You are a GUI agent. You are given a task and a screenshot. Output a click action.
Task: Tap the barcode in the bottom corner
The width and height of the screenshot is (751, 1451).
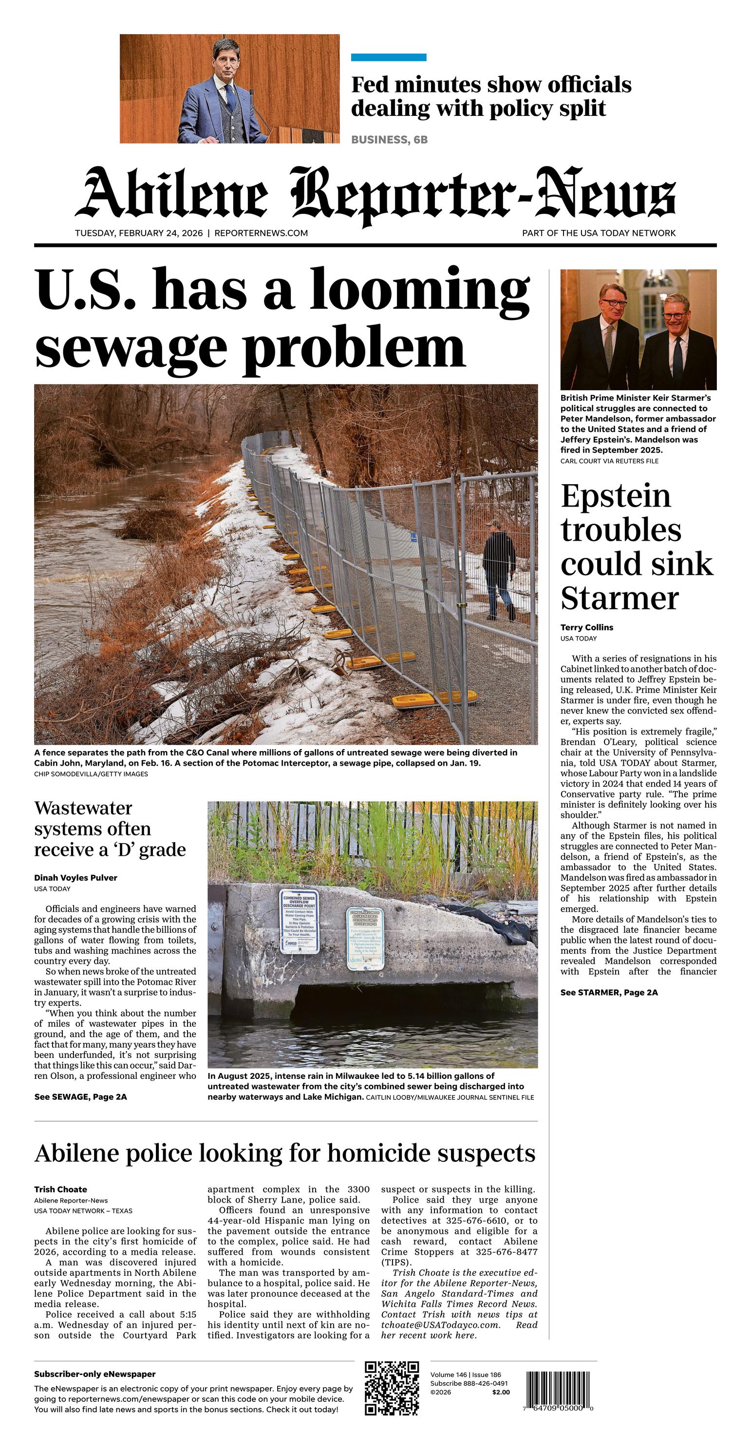(559, 1390)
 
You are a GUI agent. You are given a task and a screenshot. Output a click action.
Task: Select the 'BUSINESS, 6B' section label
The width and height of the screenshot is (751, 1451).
(389, 140)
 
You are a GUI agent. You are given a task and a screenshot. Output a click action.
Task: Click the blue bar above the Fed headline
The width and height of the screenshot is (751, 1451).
(388, 57)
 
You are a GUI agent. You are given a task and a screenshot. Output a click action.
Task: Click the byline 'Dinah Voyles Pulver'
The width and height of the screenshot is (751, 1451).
(75, 878)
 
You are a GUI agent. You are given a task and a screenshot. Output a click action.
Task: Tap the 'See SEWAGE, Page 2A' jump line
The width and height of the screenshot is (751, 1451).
(80, 1097)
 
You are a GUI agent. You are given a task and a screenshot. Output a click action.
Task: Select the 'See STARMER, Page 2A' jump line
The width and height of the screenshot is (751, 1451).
(608, 993)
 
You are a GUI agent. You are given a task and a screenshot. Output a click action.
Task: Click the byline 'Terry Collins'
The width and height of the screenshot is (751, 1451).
(586, 627)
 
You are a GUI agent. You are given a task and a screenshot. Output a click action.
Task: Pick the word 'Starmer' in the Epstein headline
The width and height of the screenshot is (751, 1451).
(620, 598)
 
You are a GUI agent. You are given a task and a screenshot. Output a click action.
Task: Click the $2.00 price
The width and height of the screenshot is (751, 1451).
(500, 1392)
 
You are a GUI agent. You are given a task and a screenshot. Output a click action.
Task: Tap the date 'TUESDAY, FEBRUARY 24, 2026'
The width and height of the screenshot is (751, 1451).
(139, 233)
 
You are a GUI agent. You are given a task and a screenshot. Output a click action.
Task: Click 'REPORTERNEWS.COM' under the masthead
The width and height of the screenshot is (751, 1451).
(261, 233)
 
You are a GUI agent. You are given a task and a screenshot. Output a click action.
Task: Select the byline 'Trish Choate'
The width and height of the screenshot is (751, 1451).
(60, 1189)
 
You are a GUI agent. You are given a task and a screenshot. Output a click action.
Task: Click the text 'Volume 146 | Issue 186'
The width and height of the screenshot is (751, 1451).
(466, 1375)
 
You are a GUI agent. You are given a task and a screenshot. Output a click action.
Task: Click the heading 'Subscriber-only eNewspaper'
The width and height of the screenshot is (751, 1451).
(94, 1374)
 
